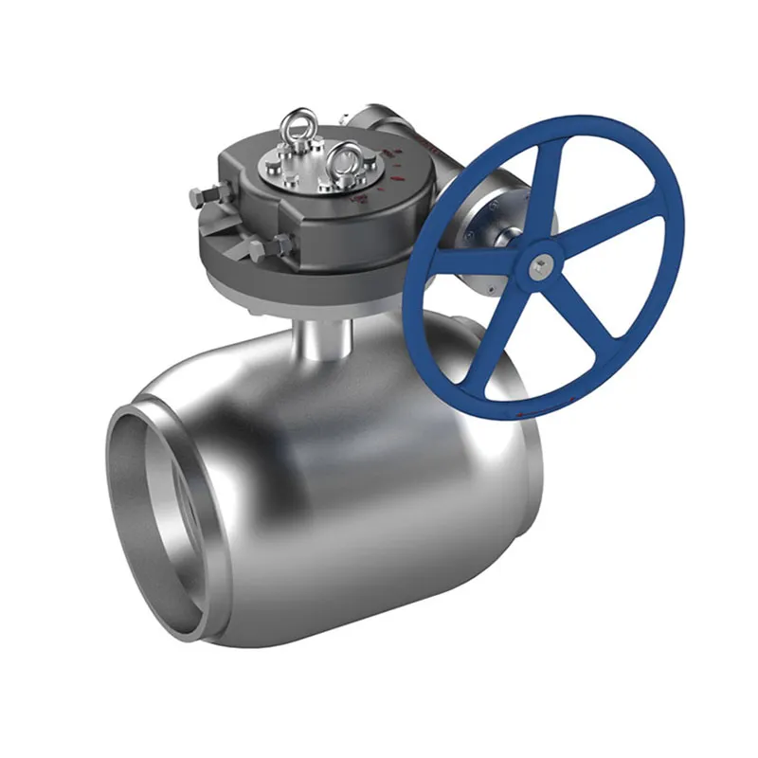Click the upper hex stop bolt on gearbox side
tap(201, 197)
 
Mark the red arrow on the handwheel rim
tap(519, 415)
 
